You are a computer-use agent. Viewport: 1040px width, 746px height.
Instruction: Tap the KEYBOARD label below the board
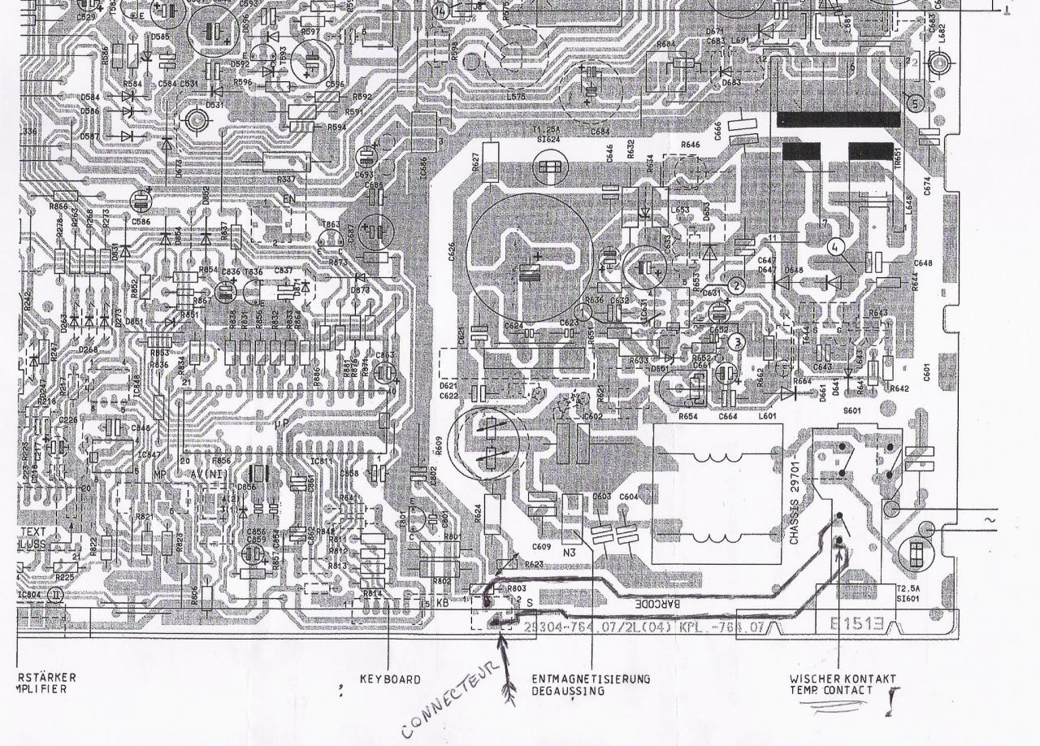390,679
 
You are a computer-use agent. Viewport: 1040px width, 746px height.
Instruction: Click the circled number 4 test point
836,246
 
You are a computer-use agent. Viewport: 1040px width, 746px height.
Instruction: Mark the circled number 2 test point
736,285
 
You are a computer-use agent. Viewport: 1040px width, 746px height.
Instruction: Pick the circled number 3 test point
737,342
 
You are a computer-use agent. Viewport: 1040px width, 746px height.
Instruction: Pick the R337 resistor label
286,179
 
